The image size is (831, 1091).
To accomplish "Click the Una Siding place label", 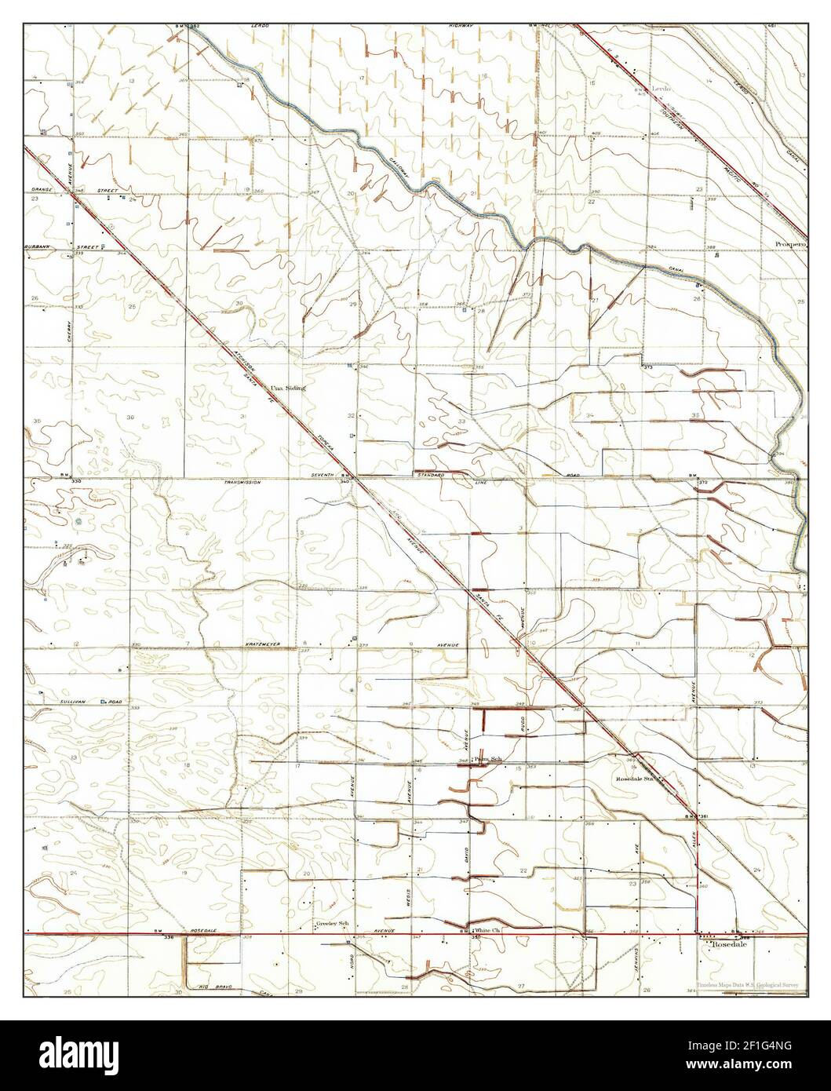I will pyautogui.click(x=287, y=388).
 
